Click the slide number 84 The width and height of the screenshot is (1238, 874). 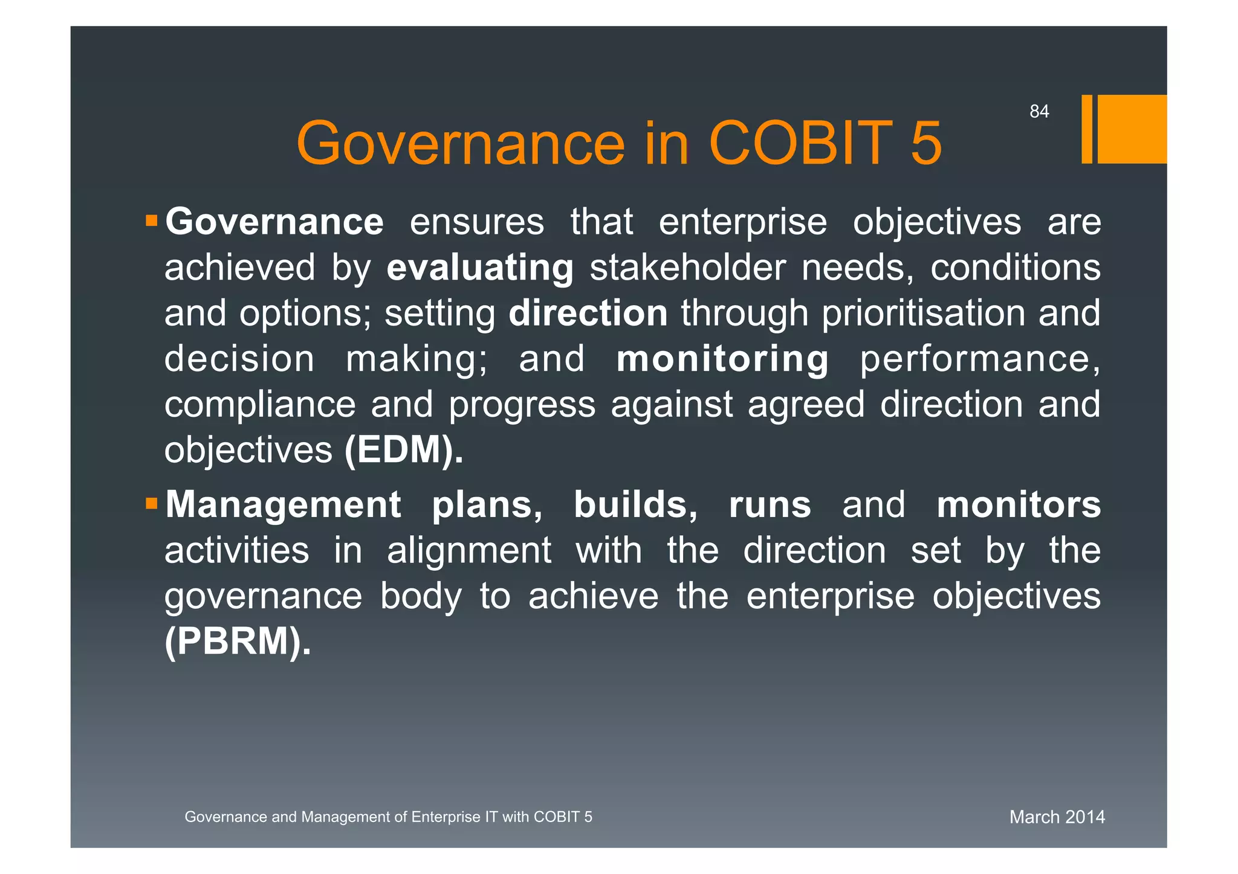(1039, 112)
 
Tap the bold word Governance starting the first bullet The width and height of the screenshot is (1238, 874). (274, 222)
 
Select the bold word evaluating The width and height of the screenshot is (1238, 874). (480, 268)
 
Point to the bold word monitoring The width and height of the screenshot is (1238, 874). (722, 359)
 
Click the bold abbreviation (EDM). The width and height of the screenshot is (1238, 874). (404, 450)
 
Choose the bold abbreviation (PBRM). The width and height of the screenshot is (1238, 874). (238, 641)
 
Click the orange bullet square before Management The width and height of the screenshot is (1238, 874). (151, 503)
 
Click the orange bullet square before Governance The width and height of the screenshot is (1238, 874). (151, 220)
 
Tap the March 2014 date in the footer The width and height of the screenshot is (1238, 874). (1057, 817)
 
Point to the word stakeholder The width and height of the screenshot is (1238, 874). (687, 268)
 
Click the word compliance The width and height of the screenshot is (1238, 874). (260, 405)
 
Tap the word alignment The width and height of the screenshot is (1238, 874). (468, 550)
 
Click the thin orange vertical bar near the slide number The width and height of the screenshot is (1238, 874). (1086, 129)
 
